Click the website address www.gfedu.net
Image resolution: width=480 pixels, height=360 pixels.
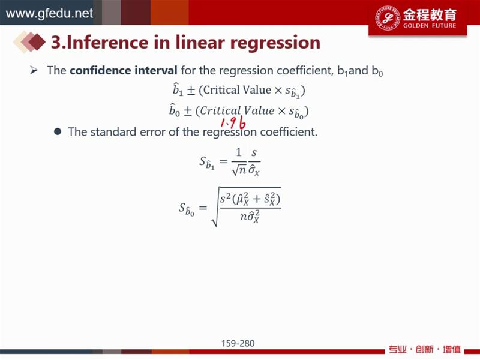pos(49,13)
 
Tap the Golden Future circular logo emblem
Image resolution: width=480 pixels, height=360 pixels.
pos(388,17)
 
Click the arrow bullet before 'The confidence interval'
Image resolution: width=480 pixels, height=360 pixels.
pos(34,71)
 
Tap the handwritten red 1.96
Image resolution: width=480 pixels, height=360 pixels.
pos(233,123)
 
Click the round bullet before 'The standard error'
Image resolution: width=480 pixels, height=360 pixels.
pos(58,131)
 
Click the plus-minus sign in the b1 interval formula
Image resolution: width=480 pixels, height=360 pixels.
pos(191,91)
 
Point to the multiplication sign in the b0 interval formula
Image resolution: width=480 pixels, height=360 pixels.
pos(281,111)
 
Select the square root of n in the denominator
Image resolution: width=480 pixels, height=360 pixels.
pos(239,170)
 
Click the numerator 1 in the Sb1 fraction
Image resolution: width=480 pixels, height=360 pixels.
pos(239,152)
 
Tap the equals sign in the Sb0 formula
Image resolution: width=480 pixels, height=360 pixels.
pos(203,208)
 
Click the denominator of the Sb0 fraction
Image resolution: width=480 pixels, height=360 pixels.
pos(250,217)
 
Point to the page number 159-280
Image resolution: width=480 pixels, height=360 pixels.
pos(238,343)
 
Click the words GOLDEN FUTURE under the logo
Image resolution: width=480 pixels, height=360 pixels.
pos(430,26)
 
